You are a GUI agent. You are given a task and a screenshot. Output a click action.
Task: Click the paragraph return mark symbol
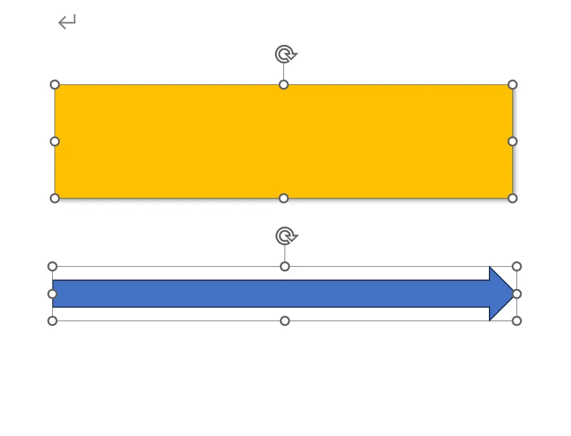pyautogui.click(x=67, y=23)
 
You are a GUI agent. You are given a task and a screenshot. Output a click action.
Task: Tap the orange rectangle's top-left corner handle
pyautogui.click(x=55, y=84)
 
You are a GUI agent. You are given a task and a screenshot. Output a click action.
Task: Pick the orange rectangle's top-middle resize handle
pyautogui.click(x=284, y=84)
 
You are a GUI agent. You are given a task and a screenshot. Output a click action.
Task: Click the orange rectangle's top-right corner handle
pyautogui.click(x=512, y=84)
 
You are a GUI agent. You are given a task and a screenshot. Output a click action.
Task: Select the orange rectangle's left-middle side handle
pyautogui.click(x=55, y=141)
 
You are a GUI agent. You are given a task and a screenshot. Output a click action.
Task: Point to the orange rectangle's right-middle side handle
pyautogui.click(x=512, y=141)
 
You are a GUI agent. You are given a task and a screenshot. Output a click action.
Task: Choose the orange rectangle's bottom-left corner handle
pyautogui.click(x=55, y=198)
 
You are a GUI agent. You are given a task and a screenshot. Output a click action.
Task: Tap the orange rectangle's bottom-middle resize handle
pyautogui.click(x=284, y=198)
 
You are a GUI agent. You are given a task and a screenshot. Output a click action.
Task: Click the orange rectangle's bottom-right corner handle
pyautogui.click(x=512, y=198)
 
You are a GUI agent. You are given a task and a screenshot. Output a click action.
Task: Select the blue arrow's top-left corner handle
pyautogui.click(x=52, y=266)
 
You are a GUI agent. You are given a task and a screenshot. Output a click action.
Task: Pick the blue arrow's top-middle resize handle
pyautogui.click(x=285, y=266)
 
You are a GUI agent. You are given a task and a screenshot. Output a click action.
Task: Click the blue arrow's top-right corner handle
pyautogui.click(x=517, y=266)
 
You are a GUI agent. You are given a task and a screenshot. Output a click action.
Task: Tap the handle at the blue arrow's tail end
pyautogui.click(x=52, y=294)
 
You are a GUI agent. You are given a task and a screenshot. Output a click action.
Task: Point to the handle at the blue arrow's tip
pyautogui.click(x=517, y=294)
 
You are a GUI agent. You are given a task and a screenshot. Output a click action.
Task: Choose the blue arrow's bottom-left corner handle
pyautogui.click(x=52, y=321)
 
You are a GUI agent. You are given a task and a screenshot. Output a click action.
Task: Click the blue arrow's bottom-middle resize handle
pyautogui.click(x=285, y=321)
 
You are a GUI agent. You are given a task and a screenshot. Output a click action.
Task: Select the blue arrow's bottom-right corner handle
pyautogui.click(x=517, y=321)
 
